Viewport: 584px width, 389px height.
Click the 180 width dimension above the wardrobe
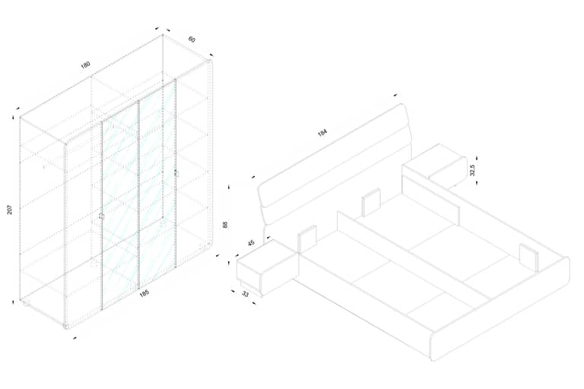[86, 65]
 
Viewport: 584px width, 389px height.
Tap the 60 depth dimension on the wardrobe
[192, 39]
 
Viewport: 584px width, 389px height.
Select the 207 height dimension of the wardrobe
[10, 210]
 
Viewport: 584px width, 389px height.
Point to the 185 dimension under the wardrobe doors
[144, 293]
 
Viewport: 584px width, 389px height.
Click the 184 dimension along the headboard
[322, 132]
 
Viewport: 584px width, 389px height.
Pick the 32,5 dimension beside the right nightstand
[473, 169]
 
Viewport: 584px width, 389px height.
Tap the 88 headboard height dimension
[224, 225]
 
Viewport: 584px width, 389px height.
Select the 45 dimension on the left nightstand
[251, 242]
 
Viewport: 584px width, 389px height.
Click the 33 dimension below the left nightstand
[245, 294]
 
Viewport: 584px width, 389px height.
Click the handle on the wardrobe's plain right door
[176, 173]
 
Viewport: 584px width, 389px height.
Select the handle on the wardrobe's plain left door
[101, 217]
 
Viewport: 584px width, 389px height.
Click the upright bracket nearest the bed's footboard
[529, 258]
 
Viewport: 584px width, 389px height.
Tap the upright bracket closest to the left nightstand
[307, 239]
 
